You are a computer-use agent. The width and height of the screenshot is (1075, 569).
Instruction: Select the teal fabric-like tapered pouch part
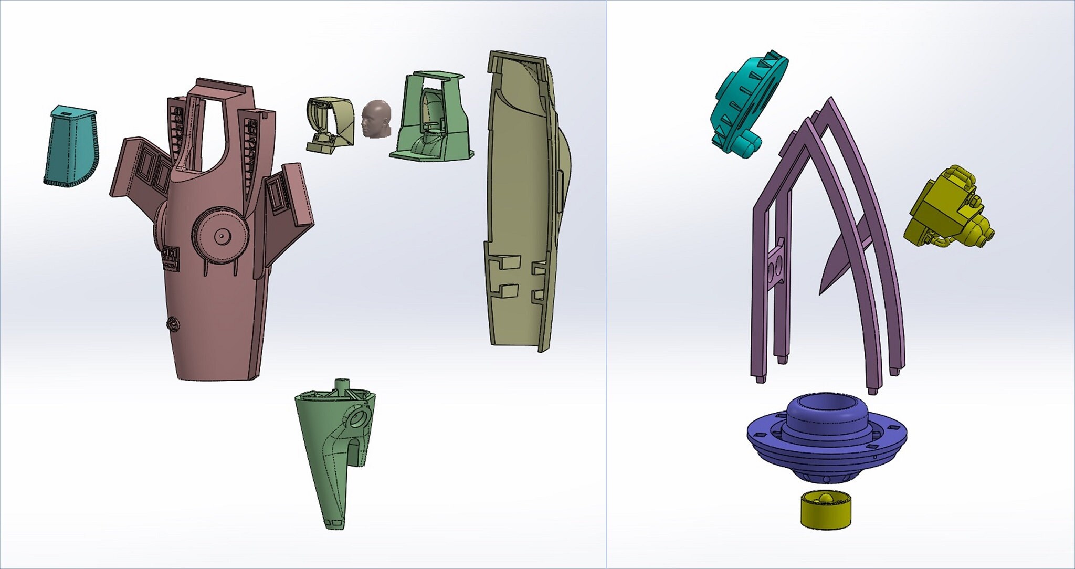[71, 150]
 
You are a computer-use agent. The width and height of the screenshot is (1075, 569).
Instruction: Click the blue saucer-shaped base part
[827, 446]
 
